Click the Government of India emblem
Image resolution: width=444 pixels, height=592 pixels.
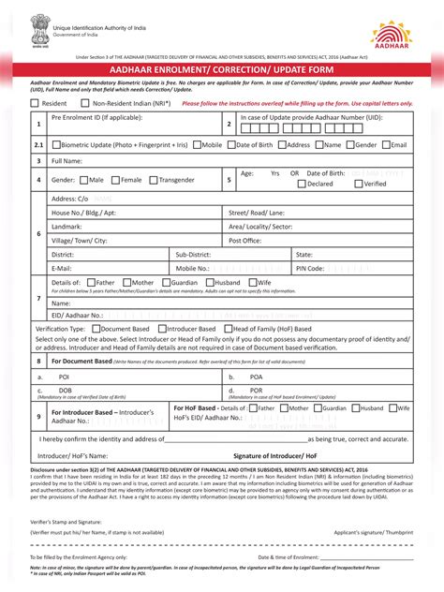pyautogui.click(x=38, y=25)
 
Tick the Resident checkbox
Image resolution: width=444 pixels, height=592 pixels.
pyautogui.click(x=35, y=103)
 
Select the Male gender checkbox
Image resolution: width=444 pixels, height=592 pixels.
pyautogui.click(x=84, y=179)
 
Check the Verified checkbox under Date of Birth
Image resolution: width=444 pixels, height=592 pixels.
pyautogui.click(x=358, y=185)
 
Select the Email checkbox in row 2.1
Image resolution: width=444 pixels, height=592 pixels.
pyautogui.click(x=387, y=145)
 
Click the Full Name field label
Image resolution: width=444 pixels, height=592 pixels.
pyautogui.click(x=67, y=161)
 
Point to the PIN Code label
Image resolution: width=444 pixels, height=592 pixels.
pyautogui.click(x=310, y=268)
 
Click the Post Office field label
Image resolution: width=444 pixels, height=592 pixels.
pyautogui.click(x=246, y=240)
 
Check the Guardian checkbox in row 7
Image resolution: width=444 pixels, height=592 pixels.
pyautogui.click(x=167, y=282)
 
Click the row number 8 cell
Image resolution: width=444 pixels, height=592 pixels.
pyautogui.click(x=38, y=361)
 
